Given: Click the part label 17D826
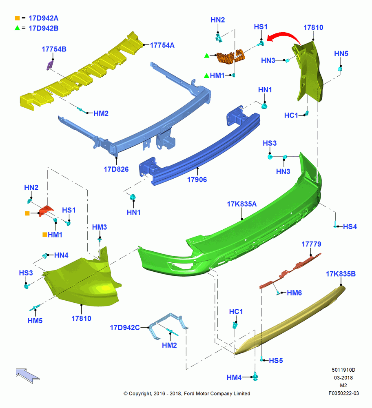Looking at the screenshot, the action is [116, 169].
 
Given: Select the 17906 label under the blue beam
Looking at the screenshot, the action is [197, 180].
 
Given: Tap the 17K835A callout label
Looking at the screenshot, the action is [241, 204].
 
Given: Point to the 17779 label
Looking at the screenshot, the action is [311, 244].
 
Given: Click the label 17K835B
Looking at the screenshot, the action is [341, 274].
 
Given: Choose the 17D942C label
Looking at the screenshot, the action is [125, 328].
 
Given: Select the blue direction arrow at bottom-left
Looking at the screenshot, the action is [27, 375].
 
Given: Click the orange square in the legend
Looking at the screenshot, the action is [17, 18].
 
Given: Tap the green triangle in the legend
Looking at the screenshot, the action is [17, 28].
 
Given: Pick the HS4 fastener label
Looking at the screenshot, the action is [350, 226].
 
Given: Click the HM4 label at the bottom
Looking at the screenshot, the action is [234, 377].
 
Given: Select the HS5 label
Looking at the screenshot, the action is [276, 361].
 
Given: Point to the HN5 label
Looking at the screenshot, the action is [341, 53].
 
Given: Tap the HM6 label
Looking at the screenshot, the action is [294, 293].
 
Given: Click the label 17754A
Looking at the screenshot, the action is [162, 45].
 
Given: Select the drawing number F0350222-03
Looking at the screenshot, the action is [343, 393].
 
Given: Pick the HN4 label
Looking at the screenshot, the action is [61, 255].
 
